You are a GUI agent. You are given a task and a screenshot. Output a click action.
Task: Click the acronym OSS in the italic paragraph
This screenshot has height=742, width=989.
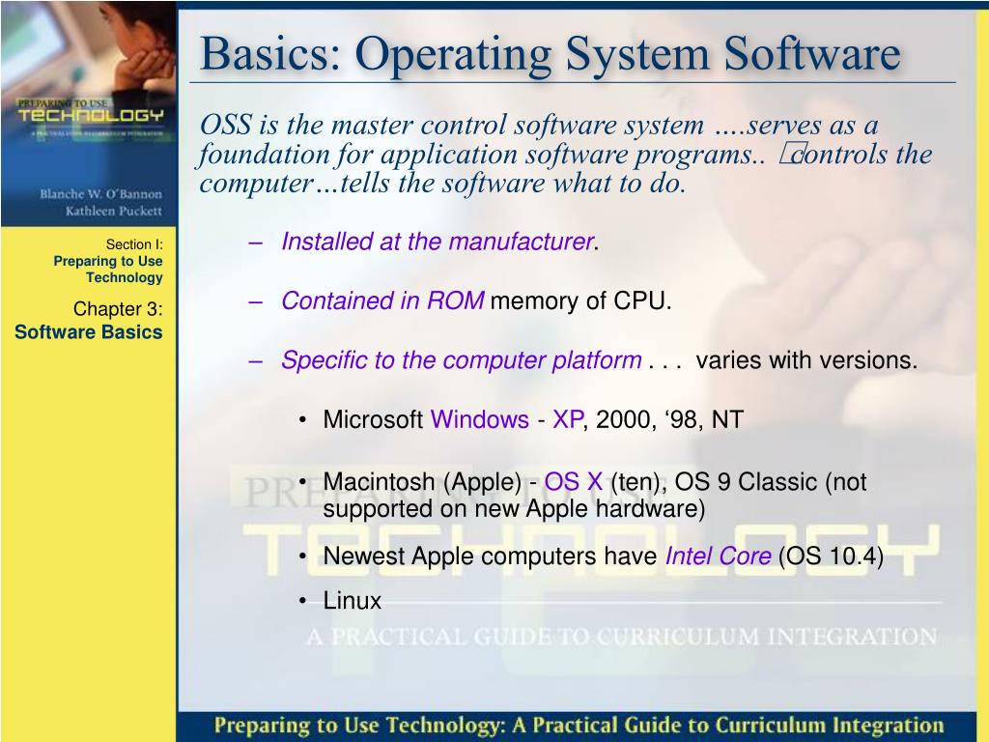tap(227, 125)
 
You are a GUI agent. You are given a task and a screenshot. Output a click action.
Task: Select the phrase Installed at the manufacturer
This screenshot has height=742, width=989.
tap(437, 242)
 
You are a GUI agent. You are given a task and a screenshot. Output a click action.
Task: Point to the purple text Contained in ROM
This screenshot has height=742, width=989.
tap(382, 301)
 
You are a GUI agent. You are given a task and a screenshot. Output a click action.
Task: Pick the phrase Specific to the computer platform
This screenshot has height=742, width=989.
tap(461, 361)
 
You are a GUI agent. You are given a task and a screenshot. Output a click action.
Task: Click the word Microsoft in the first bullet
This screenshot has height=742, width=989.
tap(373, 420)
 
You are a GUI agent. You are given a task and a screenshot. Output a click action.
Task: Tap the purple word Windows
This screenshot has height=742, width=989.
tap(479, 420)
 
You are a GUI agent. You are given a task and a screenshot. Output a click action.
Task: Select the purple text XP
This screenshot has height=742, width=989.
tap(568, 420)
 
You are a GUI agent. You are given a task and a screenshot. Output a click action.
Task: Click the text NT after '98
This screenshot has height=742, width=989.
tap(727, 420)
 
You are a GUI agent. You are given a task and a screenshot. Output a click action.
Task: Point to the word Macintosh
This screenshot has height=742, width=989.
tap(381, 482)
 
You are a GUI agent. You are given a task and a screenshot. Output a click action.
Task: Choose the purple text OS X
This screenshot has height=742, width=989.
tap(574, 482)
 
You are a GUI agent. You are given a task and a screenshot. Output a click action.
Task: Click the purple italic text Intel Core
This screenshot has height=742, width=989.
tap(718, 557)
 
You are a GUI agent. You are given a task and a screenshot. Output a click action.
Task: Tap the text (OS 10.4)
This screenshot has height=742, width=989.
tap(831, 557)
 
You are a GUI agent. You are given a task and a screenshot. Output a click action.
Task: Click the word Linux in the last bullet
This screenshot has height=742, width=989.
tap(353, 602)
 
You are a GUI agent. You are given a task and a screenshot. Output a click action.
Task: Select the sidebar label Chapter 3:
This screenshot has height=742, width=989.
tap(118, 309)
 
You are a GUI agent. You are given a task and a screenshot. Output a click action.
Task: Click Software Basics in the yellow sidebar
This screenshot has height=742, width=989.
tap(89, 332)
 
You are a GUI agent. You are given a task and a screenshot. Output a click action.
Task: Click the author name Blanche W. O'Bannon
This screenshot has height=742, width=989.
tap(101, 193)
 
